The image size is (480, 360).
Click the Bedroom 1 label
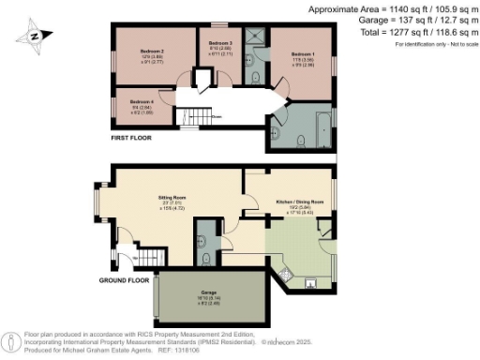click(x=302, y=56)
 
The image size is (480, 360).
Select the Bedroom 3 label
click(x=219, y=44)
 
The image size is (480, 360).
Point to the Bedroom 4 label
click(x=142, y=100)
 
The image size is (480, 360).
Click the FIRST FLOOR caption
click(x=130, y=137)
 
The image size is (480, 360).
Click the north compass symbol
click(x=35, y=37)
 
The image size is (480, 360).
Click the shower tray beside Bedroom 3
click(x=250, y=37)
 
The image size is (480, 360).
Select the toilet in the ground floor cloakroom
click(x=205, y=251)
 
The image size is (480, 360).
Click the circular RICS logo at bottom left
click(x=10, y=338)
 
